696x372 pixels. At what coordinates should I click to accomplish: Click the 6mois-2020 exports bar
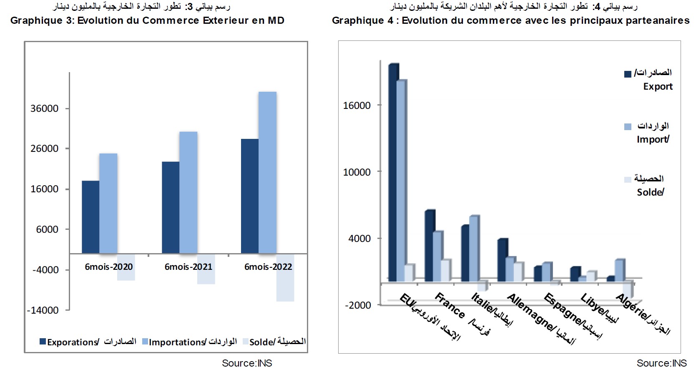click(90, 217)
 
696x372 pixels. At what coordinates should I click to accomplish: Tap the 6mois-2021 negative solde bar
click(206, 269)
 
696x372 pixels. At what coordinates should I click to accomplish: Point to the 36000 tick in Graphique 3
click(45, 109)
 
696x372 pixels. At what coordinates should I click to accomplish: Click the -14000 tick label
click(43, 310)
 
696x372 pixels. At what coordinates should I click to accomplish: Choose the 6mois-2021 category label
click(188, 267)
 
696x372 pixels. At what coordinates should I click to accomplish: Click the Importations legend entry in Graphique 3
click(189, 342)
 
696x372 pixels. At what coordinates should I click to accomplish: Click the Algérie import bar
click(619, 270)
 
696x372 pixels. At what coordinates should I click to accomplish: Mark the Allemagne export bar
click(502, 260)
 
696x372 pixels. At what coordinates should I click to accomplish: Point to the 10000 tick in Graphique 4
click(357, 172)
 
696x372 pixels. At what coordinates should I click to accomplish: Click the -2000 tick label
click(358, 305)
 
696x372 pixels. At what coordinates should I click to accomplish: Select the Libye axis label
click(599, 309)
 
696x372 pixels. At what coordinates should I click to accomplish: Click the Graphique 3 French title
click(147, 20)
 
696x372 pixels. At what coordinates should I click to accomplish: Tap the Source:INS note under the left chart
click(247, 363)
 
